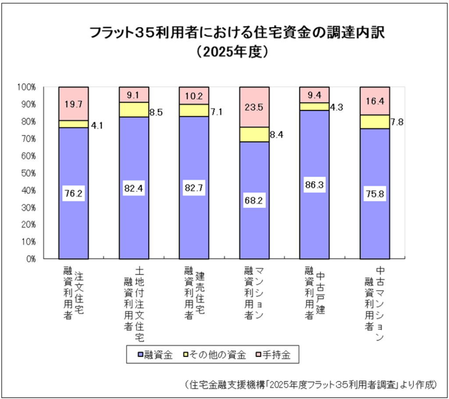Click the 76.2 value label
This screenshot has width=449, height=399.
coord(74,193)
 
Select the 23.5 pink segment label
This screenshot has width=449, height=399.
coord(254,107)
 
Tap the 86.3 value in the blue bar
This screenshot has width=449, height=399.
coord(314,185)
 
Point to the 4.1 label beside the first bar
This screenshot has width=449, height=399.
coord(97,125)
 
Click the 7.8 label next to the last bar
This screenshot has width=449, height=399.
coord(397,122)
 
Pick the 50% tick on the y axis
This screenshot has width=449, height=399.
coord(29,173)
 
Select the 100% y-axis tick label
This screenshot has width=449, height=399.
coord(26,87)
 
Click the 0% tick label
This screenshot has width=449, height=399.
coord(31,259)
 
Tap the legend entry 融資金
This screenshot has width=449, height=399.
coord(155,355)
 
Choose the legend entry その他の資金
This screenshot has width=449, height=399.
coord(214,355)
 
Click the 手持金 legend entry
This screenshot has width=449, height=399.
coord(273,355)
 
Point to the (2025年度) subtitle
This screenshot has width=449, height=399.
coord(232,52)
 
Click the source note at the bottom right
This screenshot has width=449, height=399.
coord(310,384)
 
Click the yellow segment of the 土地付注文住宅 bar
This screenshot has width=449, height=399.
coord(134,109)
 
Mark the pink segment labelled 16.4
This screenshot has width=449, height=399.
coord(375,101)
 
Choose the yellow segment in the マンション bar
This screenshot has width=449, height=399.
coord(254,134)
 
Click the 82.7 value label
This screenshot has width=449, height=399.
coord(194,188)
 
